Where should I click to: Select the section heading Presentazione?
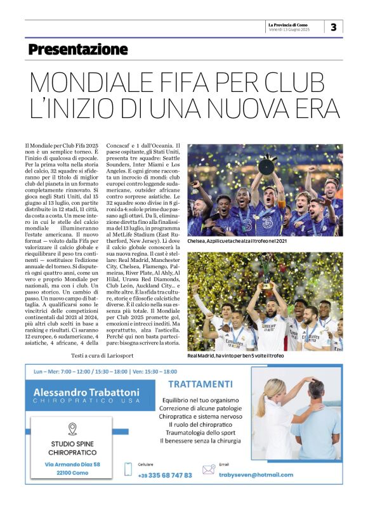coord(78,49)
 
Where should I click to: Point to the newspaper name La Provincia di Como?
coord(289,24)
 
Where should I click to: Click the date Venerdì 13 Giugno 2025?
coord(289,30)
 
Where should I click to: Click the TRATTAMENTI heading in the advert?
coord(200,384)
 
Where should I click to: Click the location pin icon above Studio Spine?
coord(72,429)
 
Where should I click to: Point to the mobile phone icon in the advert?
coord(128,469)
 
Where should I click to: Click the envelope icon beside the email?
coord(208,470)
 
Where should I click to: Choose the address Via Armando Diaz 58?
coord(72,464)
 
